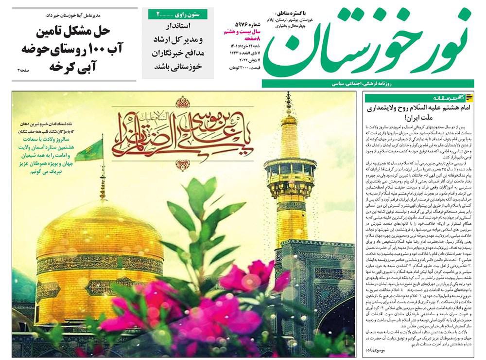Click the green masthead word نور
(x=445, y=41)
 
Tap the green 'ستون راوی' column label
(x=178, y=14)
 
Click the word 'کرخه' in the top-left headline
(x=61, y=65)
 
